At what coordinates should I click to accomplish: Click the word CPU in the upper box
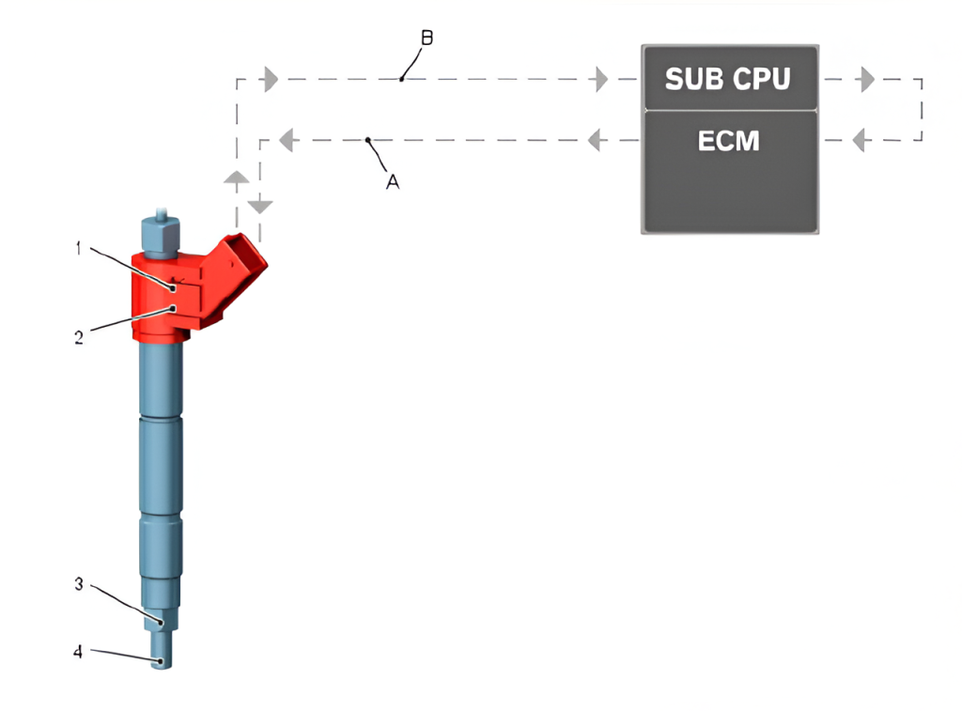coord(761,79)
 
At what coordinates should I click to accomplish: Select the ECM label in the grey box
coord(728,141)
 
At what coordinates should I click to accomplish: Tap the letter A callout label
coord(393,182)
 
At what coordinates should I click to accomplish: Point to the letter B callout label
coord(427,39)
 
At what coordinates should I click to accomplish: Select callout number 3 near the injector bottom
coord(80,584)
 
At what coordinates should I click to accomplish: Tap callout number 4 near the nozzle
coord(79,651)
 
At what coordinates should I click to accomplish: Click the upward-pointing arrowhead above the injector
coord(237,178)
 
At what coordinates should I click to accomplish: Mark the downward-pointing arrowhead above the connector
coord(260,205)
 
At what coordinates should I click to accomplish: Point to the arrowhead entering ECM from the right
coord(858,141)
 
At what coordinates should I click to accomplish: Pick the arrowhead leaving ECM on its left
coord(594,141)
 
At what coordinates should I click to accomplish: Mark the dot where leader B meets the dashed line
coord(401,80)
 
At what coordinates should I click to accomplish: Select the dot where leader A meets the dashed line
coord(369,141)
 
